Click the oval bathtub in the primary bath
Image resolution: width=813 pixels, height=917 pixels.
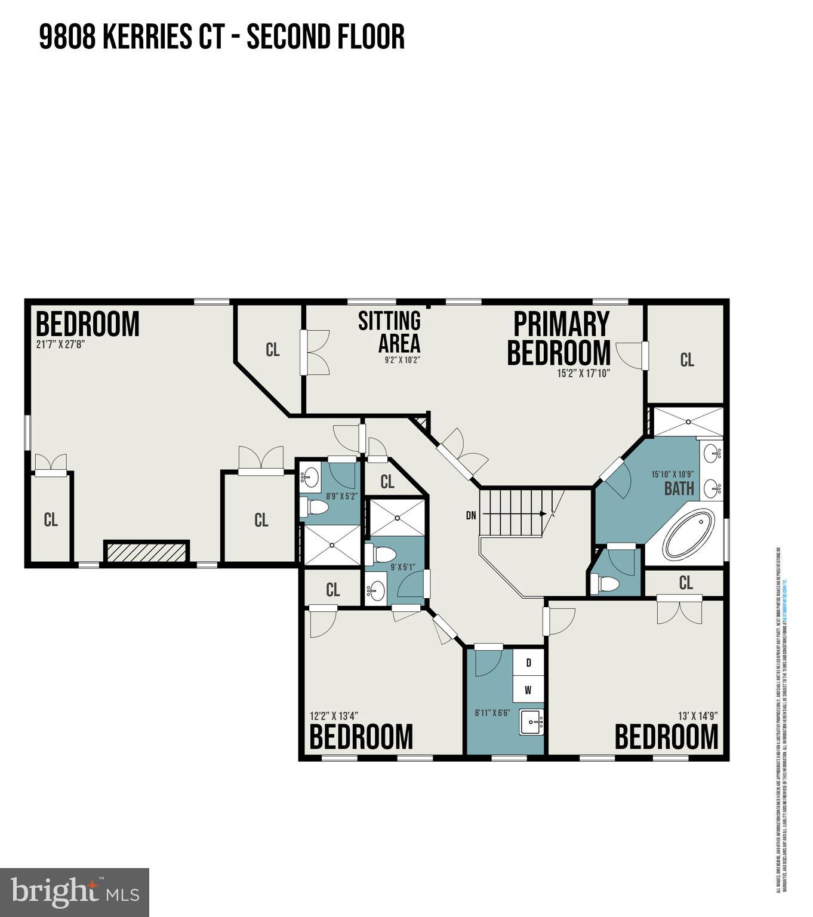coord(689,533)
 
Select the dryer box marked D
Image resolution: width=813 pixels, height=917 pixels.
coord(528,663)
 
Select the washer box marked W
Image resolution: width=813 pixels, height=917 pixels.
coord(528,690)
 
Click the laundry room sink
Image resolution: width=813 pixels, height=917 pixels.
coord(531,723)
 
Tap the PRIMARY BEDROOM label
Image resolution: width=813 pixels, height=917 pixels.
coord(560,338)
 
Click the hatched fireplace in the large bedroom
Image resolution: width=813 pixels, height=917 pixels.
coord(146,551)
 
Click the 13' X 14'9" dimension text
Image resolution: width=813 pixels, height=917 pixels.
coord(697,715)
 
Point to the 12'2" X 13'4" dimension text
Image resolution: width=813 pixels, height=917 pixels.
coord(334,715)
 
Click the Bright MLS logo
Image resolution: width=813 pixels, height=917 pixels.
coord(75,893)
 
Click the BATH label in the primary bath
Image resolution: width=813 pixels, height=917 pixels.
coord(679,489)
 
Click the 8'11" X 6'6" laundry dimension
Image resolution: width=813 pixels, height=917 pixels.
coord(492,712)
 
